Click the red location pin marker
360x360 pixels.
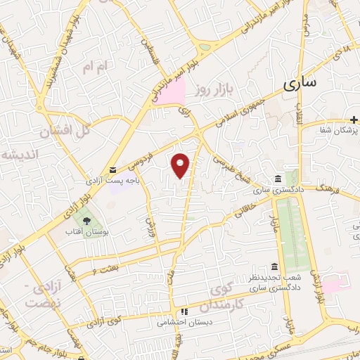pyautogui.click(x=181, y=165)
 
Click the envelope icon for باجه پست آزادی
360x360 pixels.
pyautogui.click(x=112, y=169)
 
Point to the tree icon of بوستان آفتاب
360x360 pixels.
pyautogui.click(x=86, y=220)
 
